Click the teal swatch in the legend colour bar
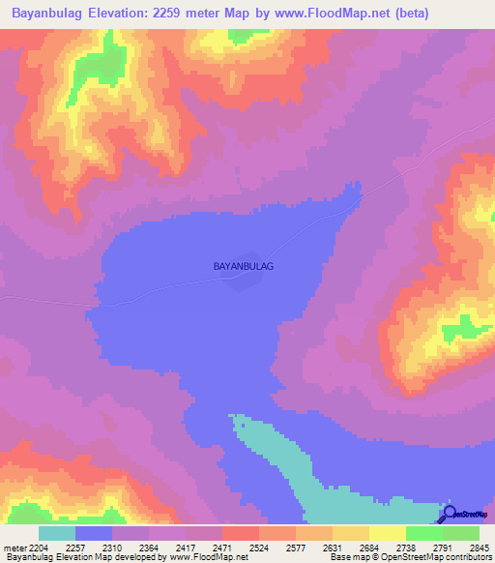click(x=57, y=533)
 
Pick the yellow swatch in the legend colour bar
click(x=388, y=533)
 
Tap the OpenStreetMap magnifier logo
click(x=450, y=515)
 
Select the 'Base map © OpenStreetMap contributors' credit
click(x=409, y=557)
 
